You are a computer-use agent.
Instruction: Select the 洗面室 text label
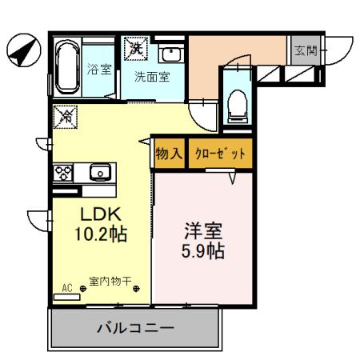[x=151, y=78]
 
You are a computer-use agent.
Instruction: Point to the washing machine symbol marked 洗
[x=133, y=47]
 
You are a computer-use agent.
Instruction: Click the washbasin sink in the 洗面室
[x=170, y=55]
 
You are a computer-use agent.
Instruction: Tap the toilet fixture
[x=237, y=102]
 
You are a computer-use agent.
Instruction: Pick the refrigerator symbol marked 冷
[x=64, y=117]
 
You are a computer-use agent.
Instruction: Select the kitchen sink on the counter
[x=100, y=171]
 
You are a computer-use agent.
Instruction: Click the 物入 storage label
[x=169, y=152]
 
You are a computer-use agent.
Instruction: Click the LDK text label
[x=99, y=214]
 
